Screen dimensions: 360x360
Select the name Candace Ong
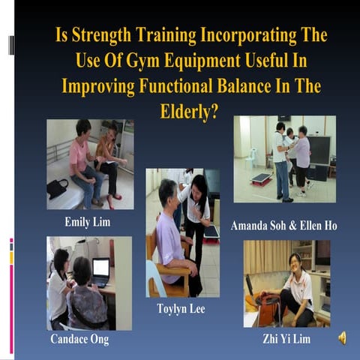(x=79, y=339)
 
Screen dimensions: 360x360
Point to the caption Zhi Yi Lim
(x=288, y=339)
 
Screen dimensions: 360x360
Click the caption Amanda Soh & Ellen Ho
(x=283, y=225)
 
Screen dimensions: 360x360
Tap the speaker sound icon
(x=342, y=337)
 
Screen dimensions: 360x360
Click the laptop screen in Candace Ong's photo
(x=100, y=268)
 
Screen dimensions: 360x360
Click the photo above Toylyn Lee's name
(x=183, y=232)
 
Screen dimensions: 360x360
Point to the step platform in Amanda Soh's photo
(x=260, y=178)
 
